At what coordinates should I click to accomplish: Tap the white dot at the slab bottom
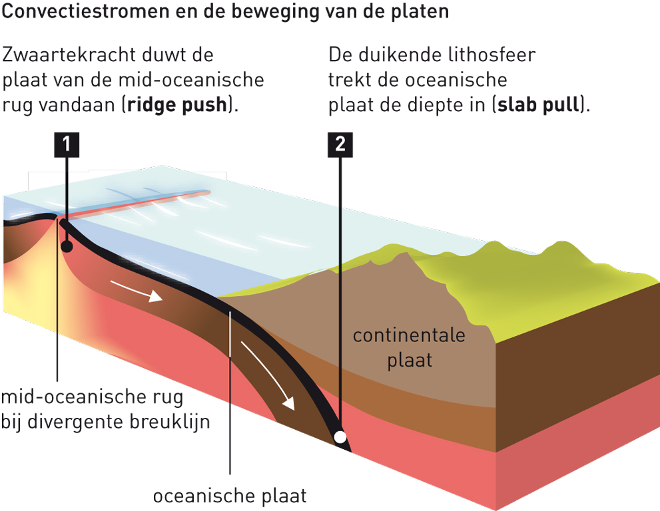[x=340, y=437]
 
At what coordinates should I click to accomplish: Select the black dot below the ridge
[x=67, y=247]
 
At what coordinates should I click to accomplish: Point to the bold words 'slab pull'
[x=540, y=106]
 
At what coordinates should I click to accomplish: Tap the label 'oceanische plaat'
[x=230, y=496]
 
